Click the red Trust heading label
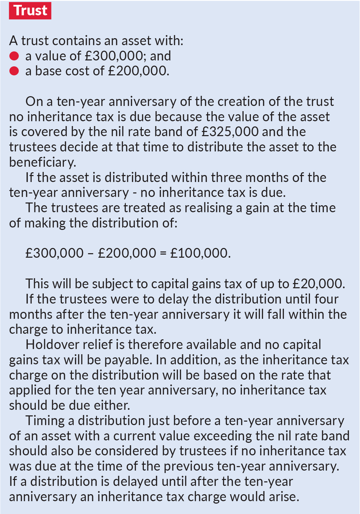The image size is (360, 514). tap(30, 11)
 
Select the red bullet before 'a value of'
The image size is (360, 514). tap(14, 56)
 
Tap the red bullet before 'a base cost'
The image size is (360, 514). tap(14, 71)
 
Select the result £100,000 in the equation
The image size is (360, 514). tap(200, 253)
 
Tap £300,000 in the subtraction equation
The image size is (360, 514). tap(55, 253)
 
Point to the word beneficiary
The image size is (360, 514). tap(42, 162)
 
